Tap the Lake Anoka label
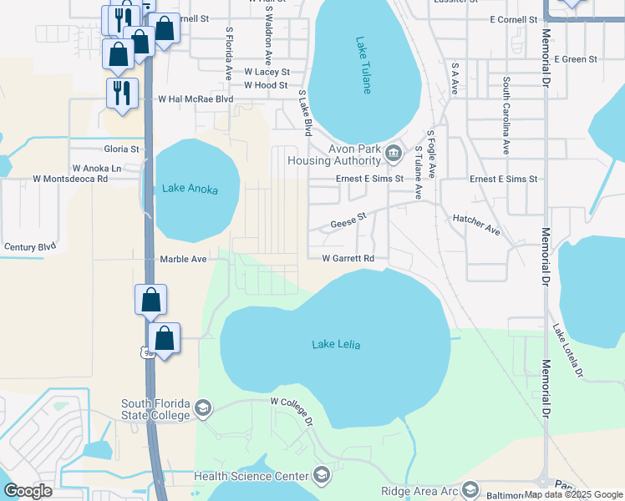click(x=191, y=190)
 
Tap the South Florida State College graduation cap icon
click(x=202, y=408)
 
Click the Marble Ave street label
click(x=183, y=260)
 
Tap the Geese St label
click(x=348, y=221)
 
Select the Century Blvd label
click(x=30, y=247)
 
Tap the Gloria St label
click(x=121, y=149)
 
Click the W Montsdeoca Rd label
click(x=70, y=179)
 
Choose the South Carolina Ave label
click(x=506, y=116)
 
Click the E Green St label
click(x=577, y=59)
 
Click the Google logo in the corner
click(x=28, y=491)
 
